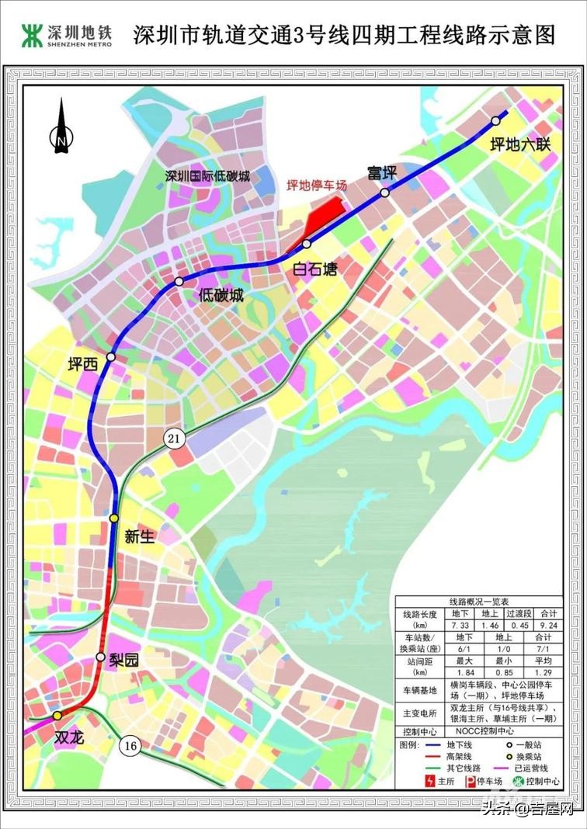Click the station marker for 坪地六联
[495, 120]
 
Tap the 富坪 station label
[382, 172]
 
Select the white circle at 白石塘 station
[307, 245]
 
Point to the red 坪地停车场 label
[316, 185]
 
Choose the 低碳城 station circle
[179, 281]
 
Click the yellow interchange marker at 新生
[114, 518]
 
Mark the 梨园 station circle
[100, 657]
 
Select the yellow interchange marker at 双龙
[57, 716]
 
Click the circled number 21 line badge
[175, 439]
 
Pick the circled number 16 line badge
[130, 746]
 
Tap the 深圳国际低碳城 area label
[207, 176]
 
